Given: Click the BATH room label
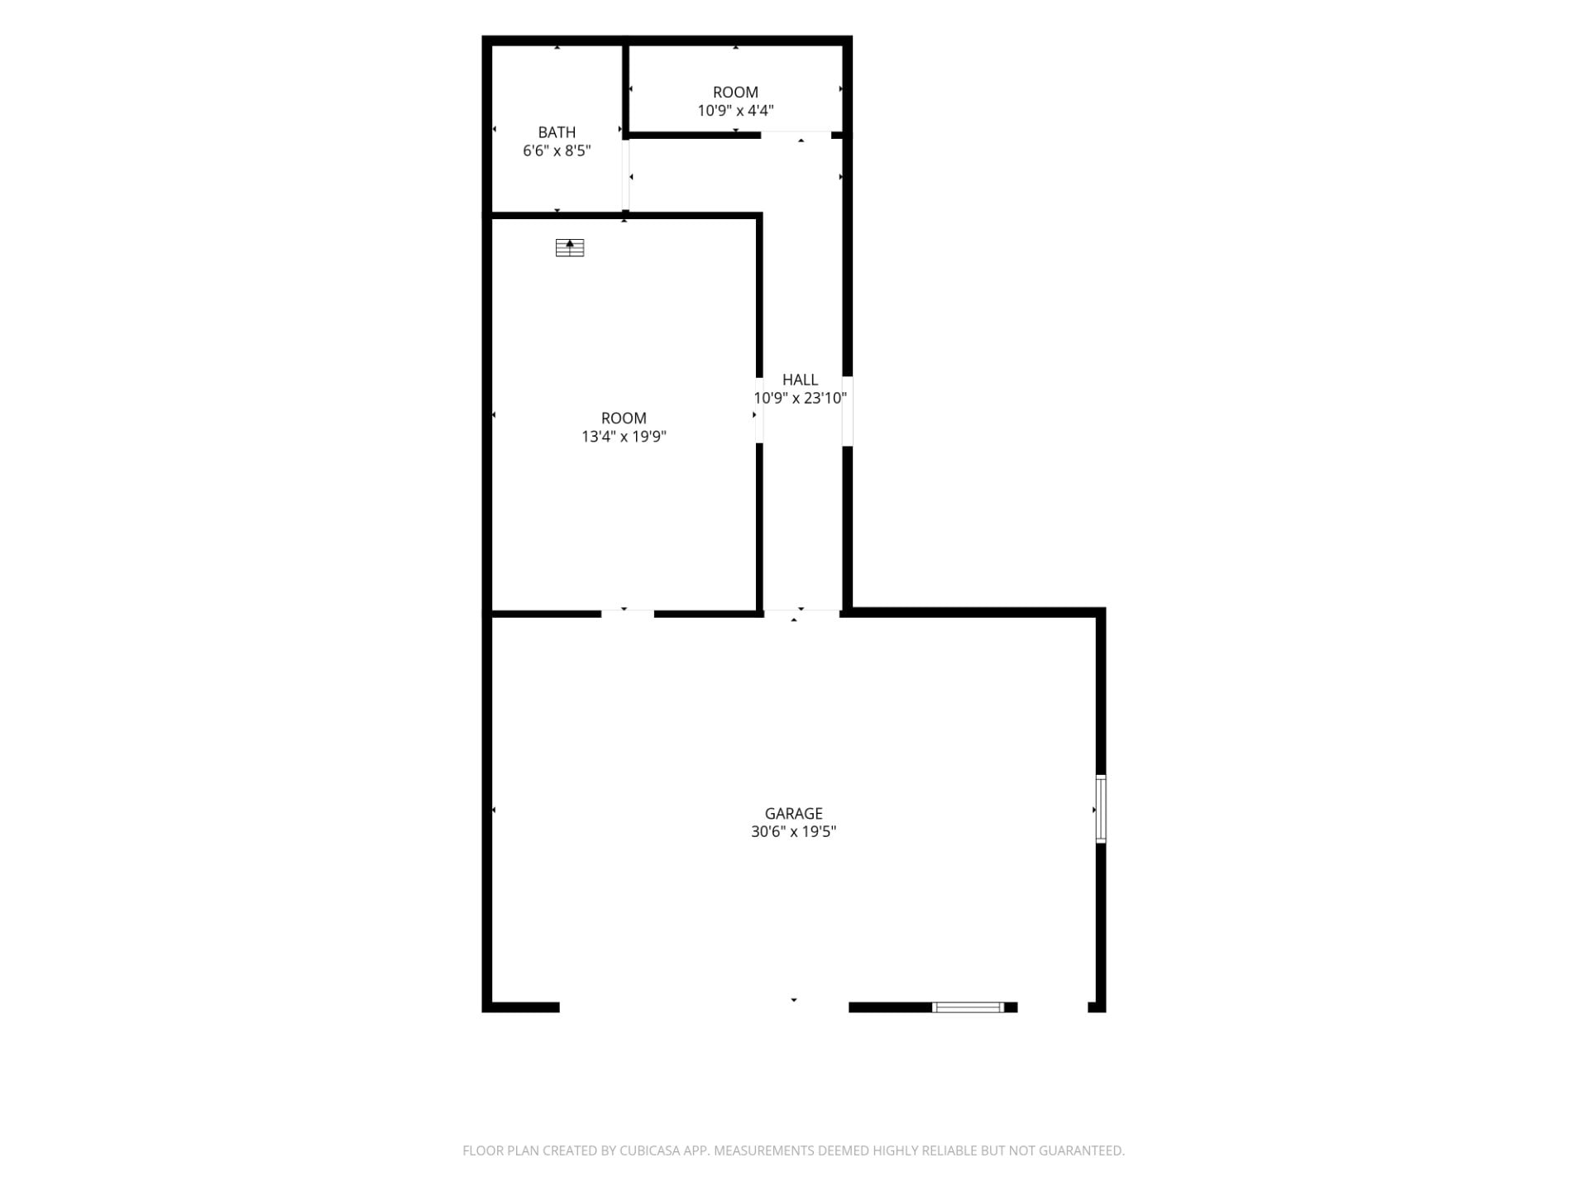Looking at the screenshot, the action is pos(557,132).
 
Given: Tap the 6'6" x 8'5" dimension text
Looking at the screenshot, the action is pos(557,151).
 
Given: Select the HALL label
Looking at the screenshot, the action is pos(800,380).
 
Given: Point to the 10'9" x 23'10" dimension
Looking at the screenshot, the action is pos(800,398).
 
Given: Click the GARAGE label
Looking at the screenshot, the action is pos(793,814).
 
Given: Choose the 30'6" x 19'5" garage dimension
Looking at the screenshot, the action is pos(793,832).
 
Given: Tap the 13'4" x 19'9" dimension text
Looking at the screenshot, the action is pos(624,437).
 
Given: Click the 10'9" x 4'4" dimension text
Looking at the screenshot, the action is pos(735,111).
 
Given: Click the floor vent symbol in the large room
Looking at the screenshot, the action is pos(570,247).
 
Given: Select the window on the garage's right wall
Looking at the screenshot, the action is pos(1101,809).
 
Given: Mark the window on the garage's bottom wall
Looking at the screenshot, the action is pos(968,1007).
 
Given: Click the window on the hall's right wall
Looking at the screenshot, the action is pos(848,411).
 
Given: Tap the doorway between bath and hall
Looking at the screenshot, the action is pos(626,175).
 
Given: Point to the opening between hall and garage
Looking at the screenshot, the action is pos(801,613).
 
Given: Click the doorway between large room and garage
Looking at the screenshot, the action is pos(628,613).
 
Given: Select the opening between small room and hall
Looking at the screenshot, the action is pos(796,135).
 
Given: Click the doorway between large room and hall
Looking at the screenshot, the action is pos(759,410).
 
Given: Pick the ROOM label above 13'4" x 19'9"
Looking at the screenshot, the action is pos(624,419).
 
